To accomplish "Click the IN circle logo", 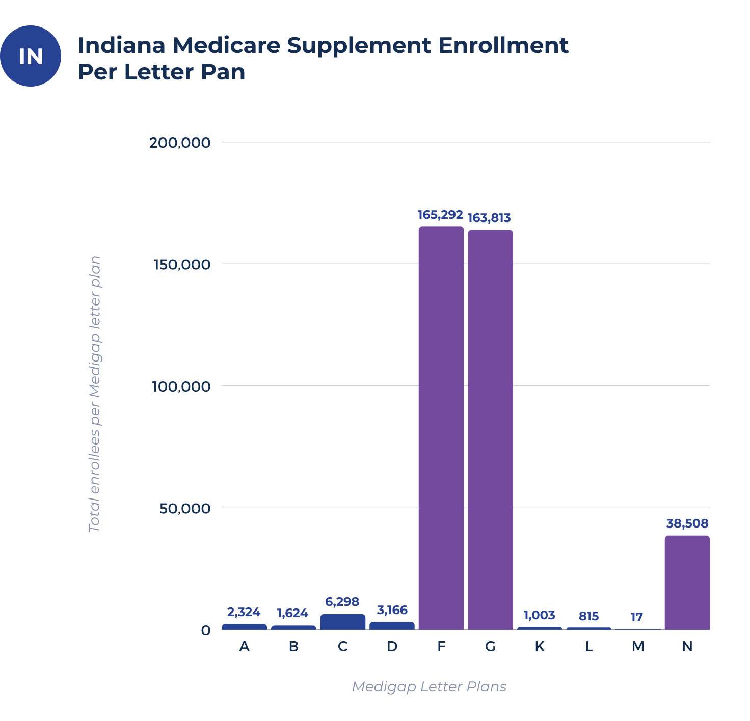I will pos(31,56).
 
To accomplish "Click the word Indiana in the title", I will pos(121,45).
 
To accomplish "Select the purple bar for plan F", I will pos(441,428).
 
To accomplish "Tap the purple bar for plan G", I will pos(490,430).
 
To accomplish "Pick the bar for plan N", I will pos(687,583).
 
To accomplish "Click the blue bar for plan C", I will pos(342,622).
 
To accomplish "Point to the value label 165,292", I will pos(440,215).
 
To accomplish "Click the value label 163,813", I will pos(489,218).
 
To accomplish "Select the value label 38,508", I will pos(687,523).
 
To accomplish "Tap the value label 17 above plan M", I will pos(636,617).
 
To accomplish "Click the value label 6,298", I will pos(342,602).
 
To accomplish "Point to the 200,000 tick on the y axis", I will pos(179,143).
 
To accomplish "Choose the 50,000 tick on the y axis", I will pos(184,508).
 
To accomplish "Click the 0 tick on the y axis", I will pos(205,630).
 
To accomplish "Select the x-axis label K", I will pos(539,646).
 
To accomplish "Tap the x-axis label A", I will pos(244,646).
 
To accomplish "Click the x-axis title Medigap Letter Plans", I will pos(429,686).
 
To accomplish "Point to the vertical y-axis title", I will pos(95,394).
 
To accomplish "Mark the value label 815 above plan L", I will pos(588,616).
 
